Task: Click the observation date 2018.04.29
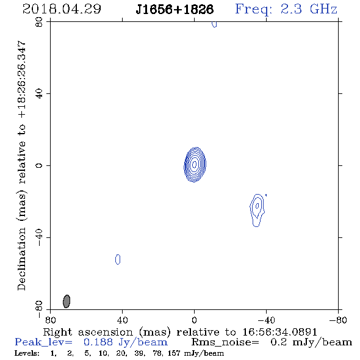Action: (x=62, y=9)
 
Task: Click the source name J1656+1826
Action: (x=175, y=9)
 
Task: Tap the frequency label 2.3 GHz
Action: (x=309, y=9)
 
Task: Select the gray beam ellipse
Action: (x=67, y=301)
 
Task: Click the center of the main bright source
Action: (x=195, y=164)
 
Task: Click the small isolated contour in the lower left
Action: (x=118, y=259)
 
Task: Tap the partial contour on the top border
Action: (x=214, y=24)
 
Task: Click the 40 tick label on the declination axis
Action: (x=39, y=94)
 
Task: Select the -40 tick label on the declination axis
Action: (x=39, y=237)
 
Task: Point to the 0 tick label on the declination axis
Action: (x=39, y=165)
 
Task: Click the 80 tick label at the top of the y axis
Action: (x=39, y=22)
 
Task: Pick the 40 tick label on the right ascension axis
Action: (x=123, y=320)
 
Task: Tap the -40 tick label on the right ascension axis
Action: (x=266, y=320)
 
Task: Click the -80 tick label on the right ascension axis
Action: (x=338, y=320)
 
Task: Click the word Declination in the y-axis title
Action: (x=21, y=259)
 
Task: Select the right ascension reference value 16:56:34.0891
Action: (x=279, y=332)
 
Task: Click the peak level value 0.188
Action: (x=98, y=342)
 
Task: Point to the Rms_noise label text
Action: (x=225, y=342)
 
